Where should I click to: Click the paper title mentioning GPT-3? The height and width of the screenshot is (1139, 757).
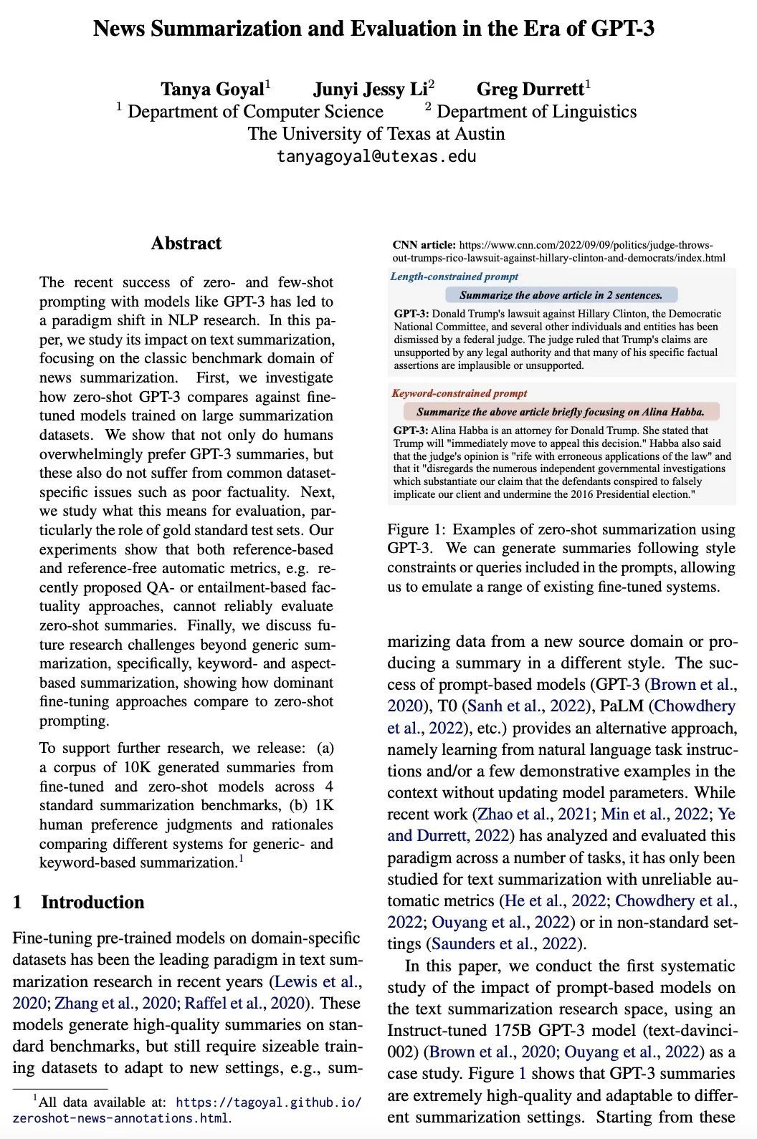pyautogui.click(x=373, y=29)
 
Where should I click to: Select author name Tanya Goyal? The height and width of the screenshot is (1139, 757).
pyautogui.click(x=212, y=89)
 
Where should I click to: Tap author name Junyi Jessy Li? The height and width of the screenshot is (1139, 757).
pyautogui.click(x=371, y=89)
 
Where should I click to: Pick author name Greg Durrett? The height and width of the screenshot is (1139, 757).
pyautogui.click(x=530, y=89)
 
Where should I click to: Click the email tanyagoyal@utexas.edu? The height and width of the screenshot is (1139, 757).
pyautogui.click(x=376, y=156)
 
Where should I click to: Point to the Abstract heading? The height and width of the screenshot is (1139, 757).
pyautogui.click(x=186, y=244)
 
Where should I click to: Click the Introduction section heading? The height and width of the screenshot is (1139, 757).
pyautogui.click(x=92, y=902)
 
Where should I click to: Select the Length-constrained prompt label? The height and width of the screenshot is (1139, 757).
pyautogui.click(x=454, y=277)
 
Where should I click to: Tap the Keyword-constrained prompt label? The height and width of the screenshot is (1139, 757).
pyautogui.click(x=459, y=393)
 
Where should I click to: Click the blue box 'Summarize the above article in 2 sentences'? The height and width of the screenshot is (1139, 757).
pyautogui.click(x=561, y=295)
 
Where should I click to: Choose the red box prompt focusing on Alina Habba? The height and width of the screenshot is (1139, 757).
pyautogui.click(x=561, y=412)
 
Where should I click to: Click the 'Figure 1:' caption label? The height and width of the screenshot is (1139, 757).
pyautogui.click(x=416, y=529)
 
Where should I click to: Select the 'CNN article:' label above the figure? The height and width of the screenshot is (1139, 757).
pyautogui.click(x=424, y=245)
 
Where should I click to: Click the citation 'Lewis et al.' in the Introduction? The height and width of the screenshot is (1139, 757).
pyautogui.click(x=318, y=981)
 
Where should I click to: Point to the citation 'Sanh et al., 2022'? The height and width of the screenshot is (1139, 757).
pyautogui.click(x=526, y=706)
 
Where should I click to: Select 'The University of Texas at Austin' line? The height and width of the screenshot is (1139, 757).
pyautogui.click(x=376, y=134)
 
